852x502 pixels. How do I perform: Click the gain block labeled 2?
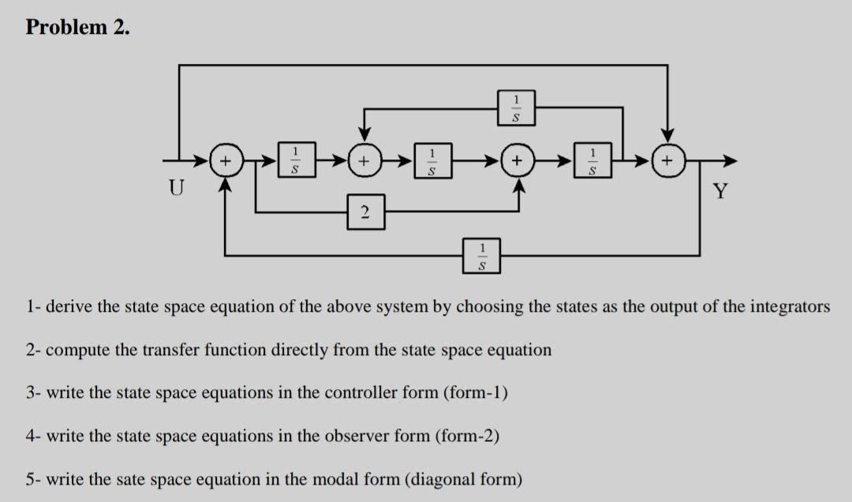point(366,211)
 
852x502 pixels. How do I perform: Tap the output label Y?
point(719,190)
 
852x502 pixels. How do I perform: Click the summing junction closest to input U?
point(226,162)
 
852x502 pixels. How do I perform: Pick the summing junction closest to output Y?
point(668,162)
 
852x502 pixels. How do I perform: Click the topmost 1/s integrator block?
point(516,107)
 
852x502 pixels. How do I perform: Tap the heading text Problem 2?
point(78,28)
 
